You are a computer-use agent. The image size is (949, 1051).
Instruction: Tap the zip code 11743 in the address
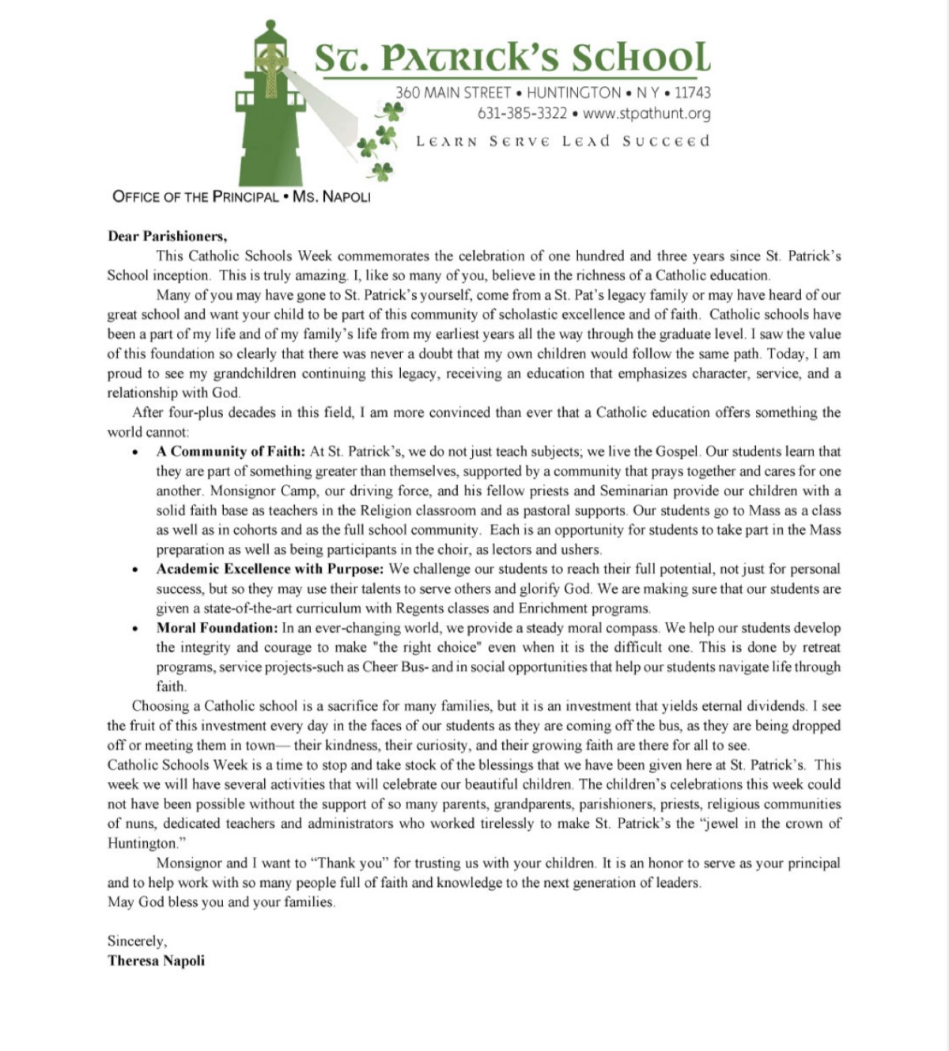[692, 93]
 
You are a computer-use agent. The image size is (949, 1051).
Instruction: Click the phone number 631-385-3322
[522, 113]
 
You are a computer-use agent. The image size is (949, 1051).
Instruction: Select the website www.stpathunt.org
[646, 113]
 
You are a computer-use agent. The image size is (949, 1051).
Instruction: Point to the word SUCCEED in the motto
[666, 142]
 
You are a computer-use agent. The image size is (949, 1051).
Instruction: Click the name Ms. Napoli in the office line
[331, 196]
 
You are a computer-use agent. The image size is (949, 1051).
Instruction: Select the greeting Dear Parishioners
[168, 236]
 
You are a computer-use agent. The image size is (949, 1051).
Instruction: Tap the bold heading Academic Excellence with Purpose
[270, 569]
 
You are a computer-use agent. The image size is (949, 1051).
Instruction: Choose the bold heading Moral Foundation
[217, 628]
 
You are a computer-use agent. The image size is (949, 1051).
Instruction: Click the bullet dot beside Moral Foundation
[136, 629]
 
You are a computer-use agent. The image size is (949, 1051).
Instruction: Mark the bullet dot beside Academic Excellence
[136, 570]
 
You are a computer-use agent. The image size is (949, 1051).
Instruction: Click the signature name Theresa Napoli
[156, 961]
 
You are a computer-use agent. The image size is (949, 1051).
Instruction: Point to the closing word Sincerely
[137, 941]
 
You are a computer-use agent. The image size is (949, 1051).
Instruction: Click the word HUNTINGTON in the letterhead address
[573, 93]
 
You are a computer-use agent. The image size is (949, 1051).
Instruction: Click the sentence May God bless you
[221, 902]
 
